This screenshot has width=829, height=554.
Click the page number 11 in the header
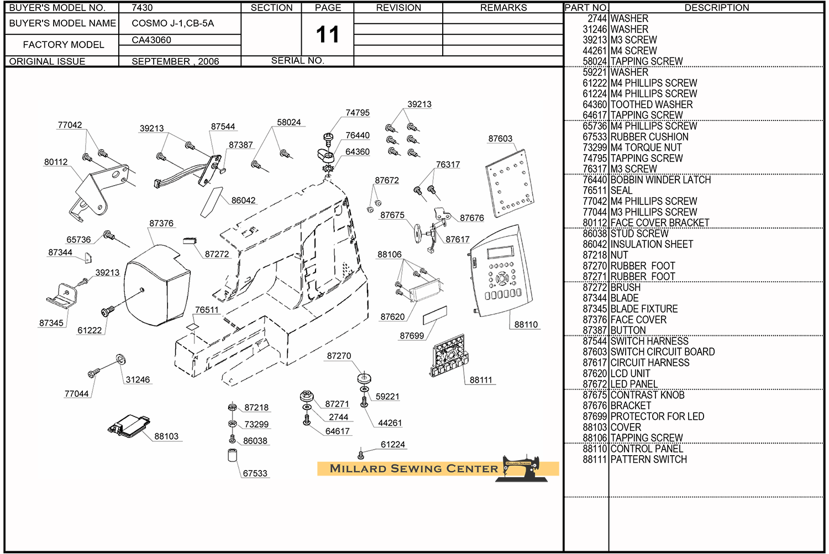(327, 35)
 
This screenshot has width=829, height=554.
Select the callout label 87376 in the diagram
(161, 223)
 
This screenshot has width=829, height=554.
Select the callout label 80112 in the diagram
(56, 162)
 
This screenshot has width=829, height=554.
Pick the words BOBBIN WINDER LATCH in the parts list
(660, 180)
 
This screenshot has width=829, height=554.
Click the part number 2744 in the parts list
(597, 18)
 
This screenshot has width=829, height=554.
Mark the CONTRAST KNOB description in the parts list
(647, 395)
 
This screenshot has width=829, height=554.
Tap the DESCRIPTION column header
(716, 8)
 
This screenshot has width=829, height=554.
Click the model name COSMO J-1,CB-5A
(172, 23)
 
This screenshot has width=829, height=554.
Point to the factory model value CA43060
(151, 40)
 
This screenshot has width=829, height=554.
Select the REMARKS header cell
(503, 8)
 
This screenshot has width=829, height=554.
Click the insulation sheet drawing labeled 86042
(211, 202)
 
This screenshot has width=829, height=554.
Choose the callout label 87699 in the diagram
(412, 336)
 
